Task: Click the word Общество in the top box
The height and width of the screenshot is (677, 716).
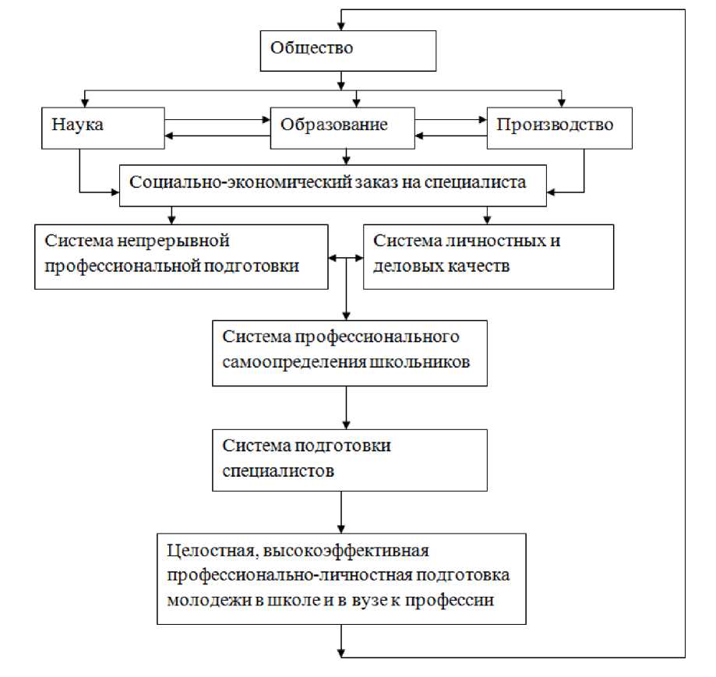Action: click(x=312, y=48)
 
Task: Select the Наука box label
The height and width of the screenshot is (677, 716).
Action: click(x=79, y=124)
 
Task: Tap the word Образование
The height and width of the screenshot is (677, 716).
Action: click(x=334, y=124)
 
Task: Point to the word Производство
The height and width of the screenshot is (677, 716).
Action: click(x=556, y=124)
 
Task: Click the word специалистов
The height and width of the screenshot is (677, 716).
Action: click(x=269, y=471)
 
